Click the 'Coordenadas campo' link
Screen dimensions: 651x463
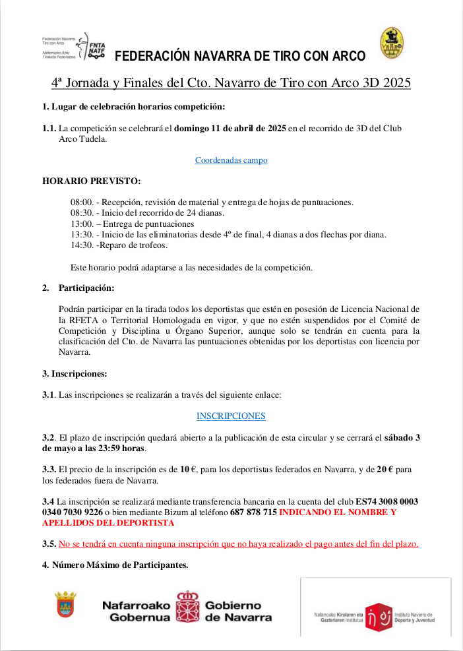pyautogui.click(x=231, y=160)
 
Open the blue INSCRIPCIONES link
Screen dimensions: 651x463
pyautogui.click(x=231, y=416)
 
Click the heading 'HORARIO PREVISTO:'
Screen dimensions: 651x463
pyautogui.click(x=91, y=181)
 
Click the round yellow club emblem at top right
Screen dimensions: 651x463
pyautogui.click(x=392, y=43)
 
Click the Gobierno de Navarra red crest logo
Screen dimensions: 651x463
pyautogui.click(x=188, y=606)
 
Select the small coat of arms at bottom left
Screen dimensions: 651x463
pyautogui.click(x=65, y=604)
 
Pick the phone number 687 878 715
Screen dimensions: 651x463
pyautogui.click(x=253, y=512)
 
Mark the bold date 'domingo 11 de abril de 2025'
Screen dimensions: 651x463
pyautogui.click(x=230, y=129)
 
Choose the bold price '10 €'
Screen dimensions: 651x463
pyautogui.click(x=189, y=470)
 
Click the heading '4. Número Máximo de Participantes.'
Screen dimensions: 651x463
pyautogui.click(x=115, y=565)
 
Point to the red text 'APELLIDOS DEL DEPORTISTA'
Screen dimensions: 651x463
pyautogui.click(x=108, y=523)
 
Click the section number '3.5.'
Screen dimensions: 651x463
pyautogui.click(x=49, y=544)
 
